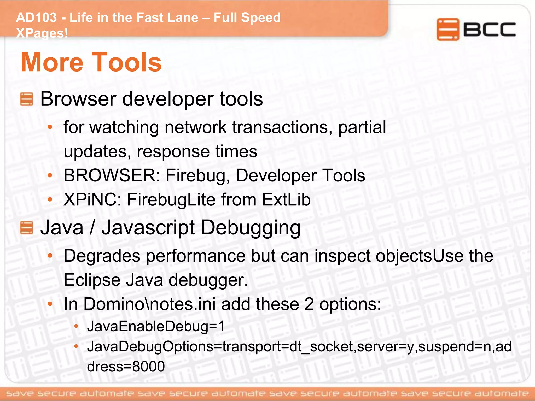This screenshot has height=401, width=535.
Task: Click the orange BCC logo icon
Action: [448, 29]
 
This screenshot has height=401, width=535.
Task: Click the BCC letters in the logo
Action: [490, 30]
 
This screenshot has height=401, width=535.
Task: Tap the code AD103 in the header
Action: [36, 18]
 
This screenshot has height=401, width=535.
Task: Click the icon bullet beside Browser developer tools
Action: [26, 99]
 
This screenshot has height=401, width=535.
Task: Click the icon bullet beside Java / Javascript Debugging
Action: [26, 228]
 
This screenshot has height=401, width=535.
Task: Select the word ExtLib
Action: [286, 199]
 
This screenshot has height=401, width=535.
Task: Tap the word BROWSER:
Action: [112, 175]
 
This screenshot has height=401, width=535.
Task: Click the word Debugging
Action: [251, 228]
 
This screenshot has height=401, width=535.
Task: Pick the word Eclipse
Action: [92, 280]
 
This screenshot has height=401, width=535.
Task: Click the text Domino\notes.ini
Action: [149, 304]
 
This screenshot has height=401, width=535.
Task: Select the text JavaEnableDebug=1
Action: [156, 326]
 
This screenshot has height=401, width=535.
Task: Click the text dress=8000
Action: [126, 366]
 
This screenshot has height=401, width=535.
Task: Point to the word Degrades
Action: [102, 256]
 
